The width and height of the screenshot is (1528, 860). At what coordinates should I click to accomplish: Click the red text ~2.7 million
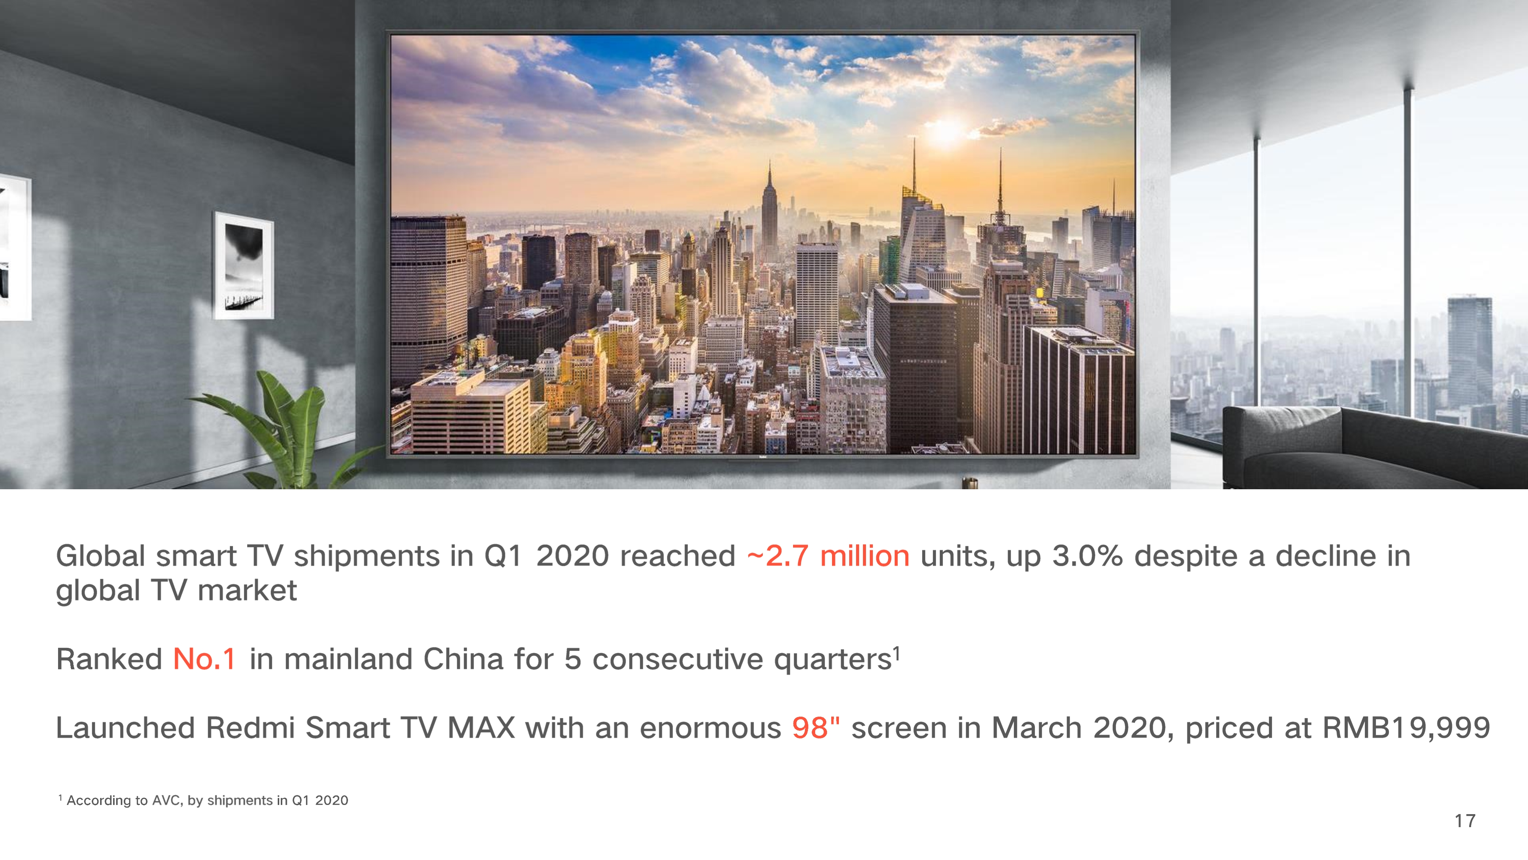pyautogui.click(x=828, y=556)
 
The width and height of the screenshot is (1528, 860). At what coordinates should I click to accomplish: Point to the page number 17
pyautogui.click(x=1465, y=821)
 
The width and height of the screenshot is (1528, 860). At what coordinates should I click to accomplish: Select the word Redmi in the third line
pyautogui.click(x=250, y=728)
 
